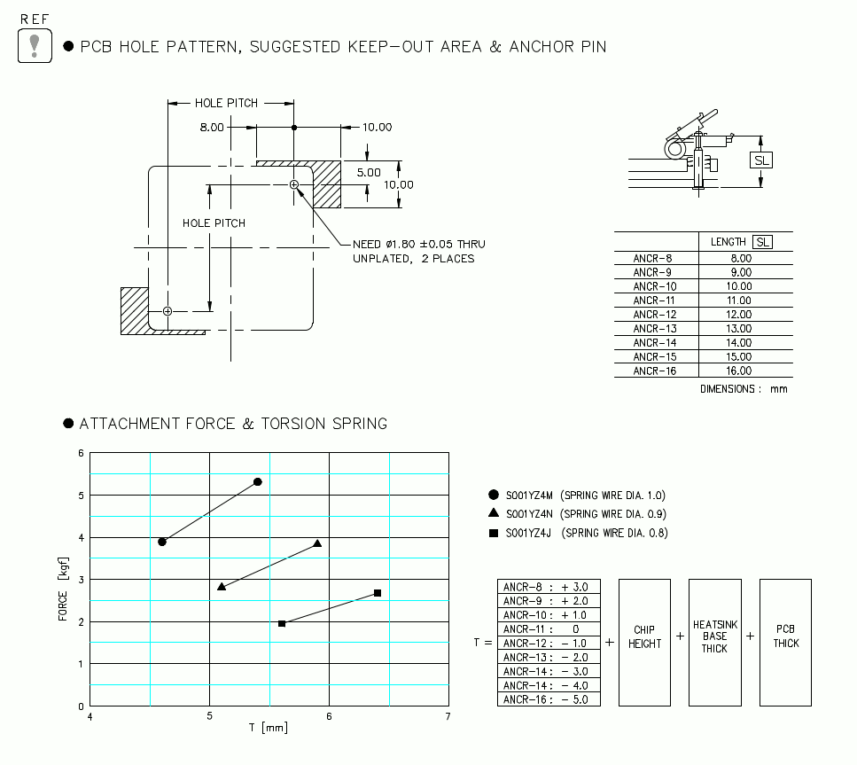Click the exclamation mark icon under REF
pyautogui.click(x=35, y=45)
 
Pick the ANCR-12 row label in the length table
pyautogui.click(x=655, y=315)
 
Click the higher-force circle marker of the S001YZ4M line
pyautogui.click(x=257, y=481)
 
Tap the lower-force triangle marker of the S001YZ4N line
pyautogui.click(x=222, y=586)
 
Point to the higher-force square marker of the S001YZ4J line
pyautogui.click(x=378, y=593)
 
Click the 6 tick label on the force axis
pyautogui.click(x=81, y=453)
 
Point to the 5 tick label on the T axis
pyautogui.click(x=210, y=716)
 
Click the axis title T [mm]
pyautogui.click(x=268, y=729)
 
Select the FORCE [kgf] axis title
pyautogui.click(x=63, y=593)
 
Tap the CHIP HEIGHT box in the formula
pyautogui.click(x=644, y=643)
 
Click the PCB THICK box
pyautogui.click(x=785, y=643)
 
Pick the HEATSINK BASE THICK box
pyautogui.click(x=714, y=643)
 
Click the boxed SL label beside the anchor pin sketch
pyautogui.click(x=761, y=160)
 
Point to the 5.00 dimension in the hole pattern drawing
pyautogui.click(x=369, y=172)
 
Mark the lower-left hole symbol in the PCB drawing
pyautogui.click(x=168, y=311)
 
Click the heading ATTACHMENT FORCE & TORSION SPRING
pyautogui.click(x=233, y=424)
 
